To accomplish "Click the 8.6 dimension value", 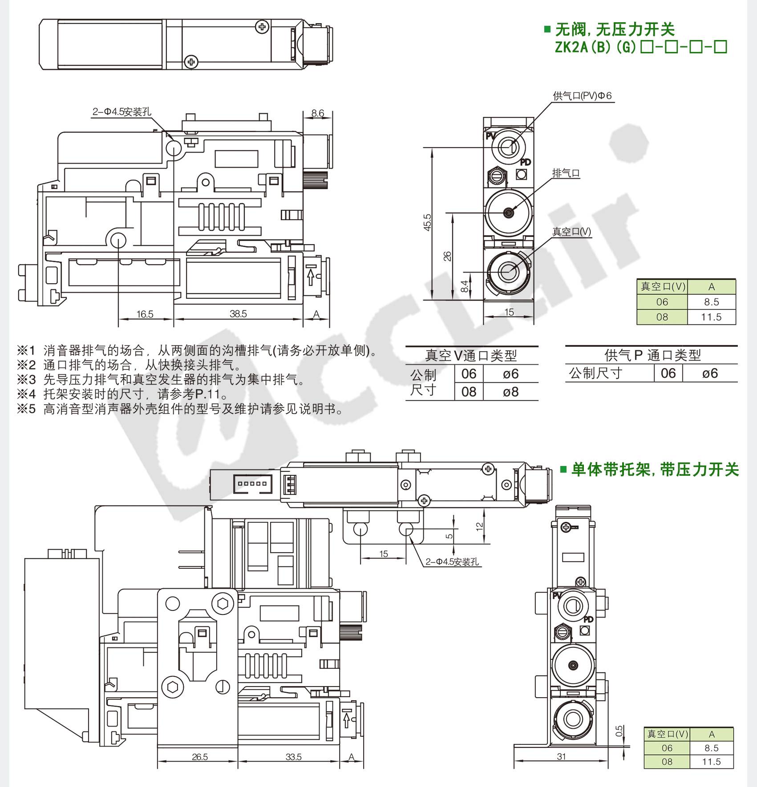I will click(x=317, y=113).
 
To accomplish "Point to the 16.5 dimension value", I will click(x=145, y=314).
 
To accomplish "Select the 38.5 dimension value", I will click(x=238, y=313).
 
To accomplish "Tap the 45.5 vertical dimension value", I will click(x=427, y=222).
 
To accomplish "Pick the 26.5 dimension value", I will click(x=200, y=756).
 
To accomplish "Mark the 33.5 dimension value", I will click(x=293, y=756).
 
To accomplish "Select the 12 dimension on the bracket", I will click(x=479, y=526).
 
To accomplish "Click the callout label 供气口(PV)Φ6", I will click(x=582, y=96).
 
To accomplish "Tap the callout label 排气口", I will click(x=566, y=173).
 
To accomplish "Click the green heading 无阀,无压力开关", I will click(x=615, y=30).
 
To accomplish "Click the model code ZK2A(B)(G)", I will click(x=595, y=47).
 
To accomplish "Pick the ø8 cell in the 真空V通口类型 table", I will click(x=510, y=392).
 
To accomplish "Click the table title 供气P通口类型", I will click(x=652, y=355).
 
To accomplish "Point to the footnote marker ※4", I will click(x=26, y=394).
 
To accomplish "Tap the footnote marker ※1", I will click(x=26, y=350).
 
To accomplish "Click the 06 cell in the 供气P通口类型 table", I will click(x=668, y=373).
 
